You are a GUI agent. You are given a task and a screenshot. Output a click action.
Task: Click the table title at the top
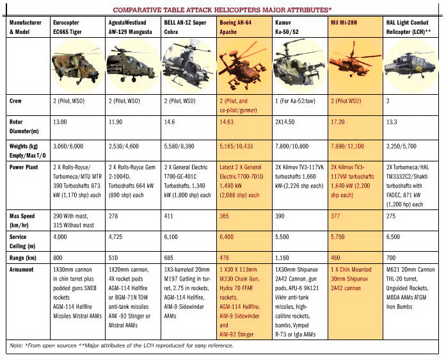pyautogui.click(x=222, y=10)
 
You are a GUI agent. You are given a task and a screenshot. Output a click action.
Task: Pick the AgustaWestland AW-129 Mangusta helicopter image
pyautogui.click(x=132, y=66)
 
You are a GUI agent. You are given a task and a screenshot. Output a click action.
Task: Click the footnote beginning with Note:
pyautogui.click(x=122, y=345)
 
